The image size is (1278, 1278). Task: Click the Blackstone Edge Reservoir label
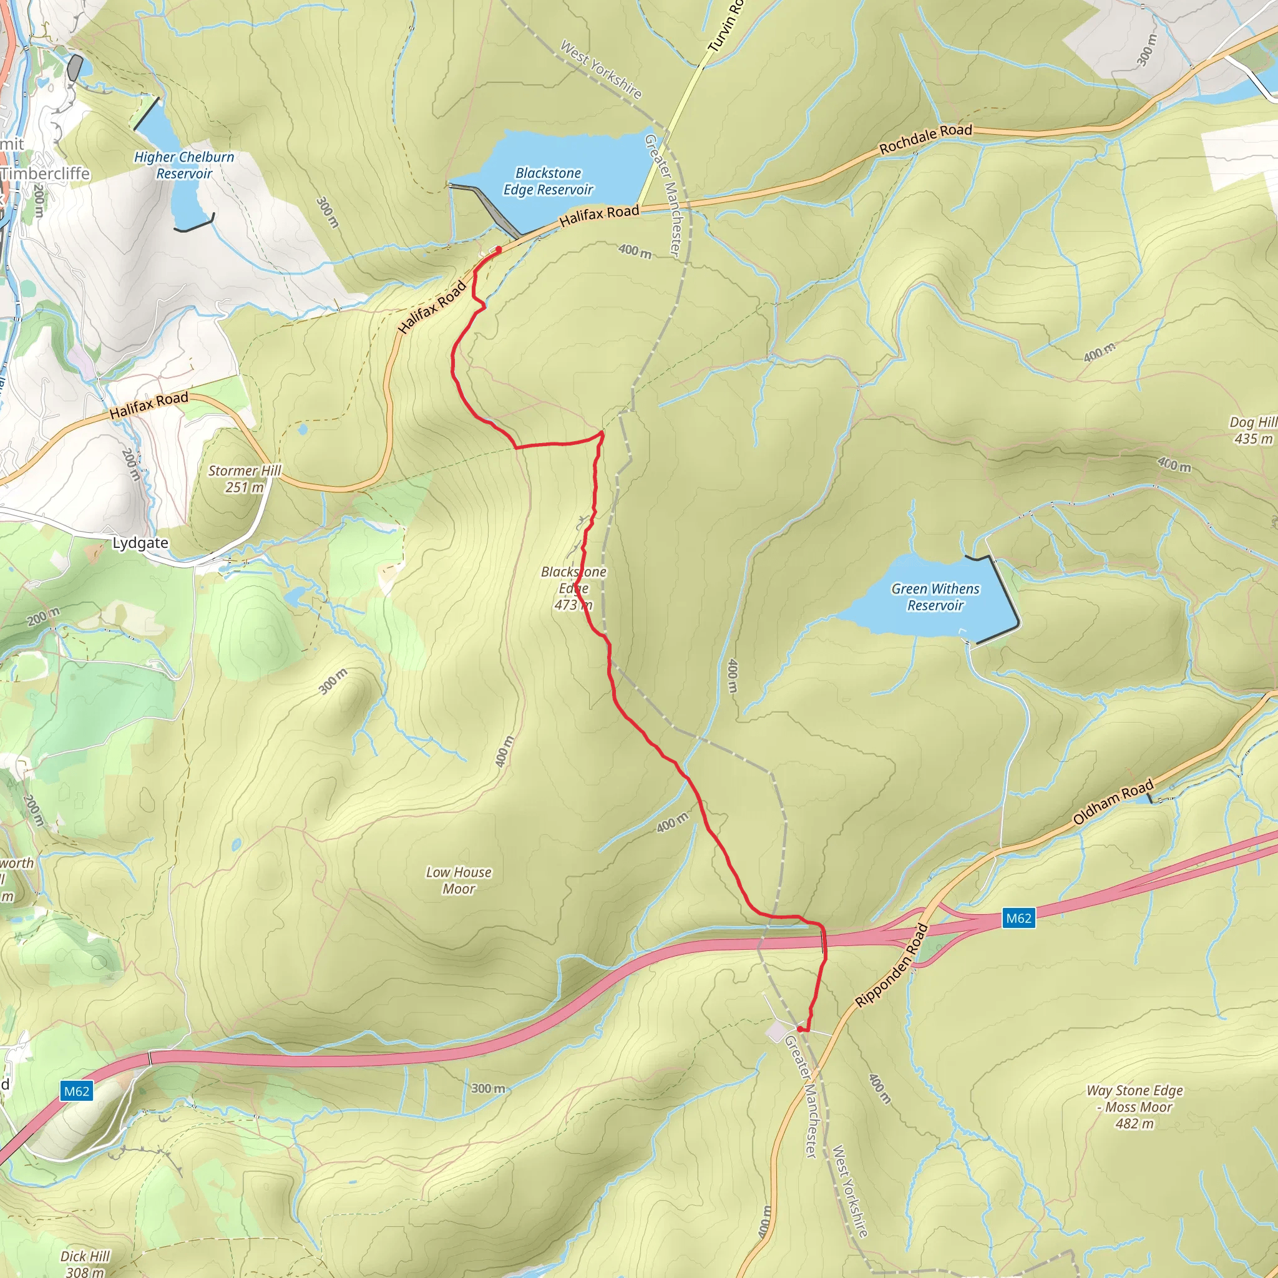548,181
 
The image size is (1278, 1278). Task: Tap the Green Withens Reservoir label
935,597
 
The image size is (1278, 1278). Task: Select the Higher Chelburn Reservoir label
184,165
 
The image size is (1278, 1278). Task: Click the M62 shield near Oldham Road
1018,917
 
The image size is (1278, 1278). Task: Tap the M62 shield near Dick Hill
76,1091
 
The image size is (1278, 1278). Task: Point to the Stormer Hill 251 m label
244,479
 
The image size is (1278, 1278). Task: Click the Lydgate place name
140,543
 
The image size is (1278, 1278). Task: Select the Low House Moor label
459,880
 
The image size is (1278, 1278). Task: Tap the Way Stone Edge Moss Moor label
1134,1106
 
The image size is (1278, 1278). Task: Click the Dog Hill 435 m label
1252,430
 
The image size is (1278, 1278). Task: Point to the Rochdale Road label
925,139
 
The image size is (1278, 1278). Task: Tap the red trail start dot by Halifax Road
498,249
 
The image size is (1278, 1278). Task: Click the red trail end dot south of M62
801,1029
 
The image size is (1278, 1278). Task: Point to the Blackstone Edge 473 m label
573,588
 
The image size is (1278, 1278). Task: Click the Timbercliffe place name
45,173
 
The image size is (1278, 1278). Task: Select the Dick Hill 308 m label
85,1263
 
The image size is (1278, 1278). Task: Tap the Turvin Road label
725,26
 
